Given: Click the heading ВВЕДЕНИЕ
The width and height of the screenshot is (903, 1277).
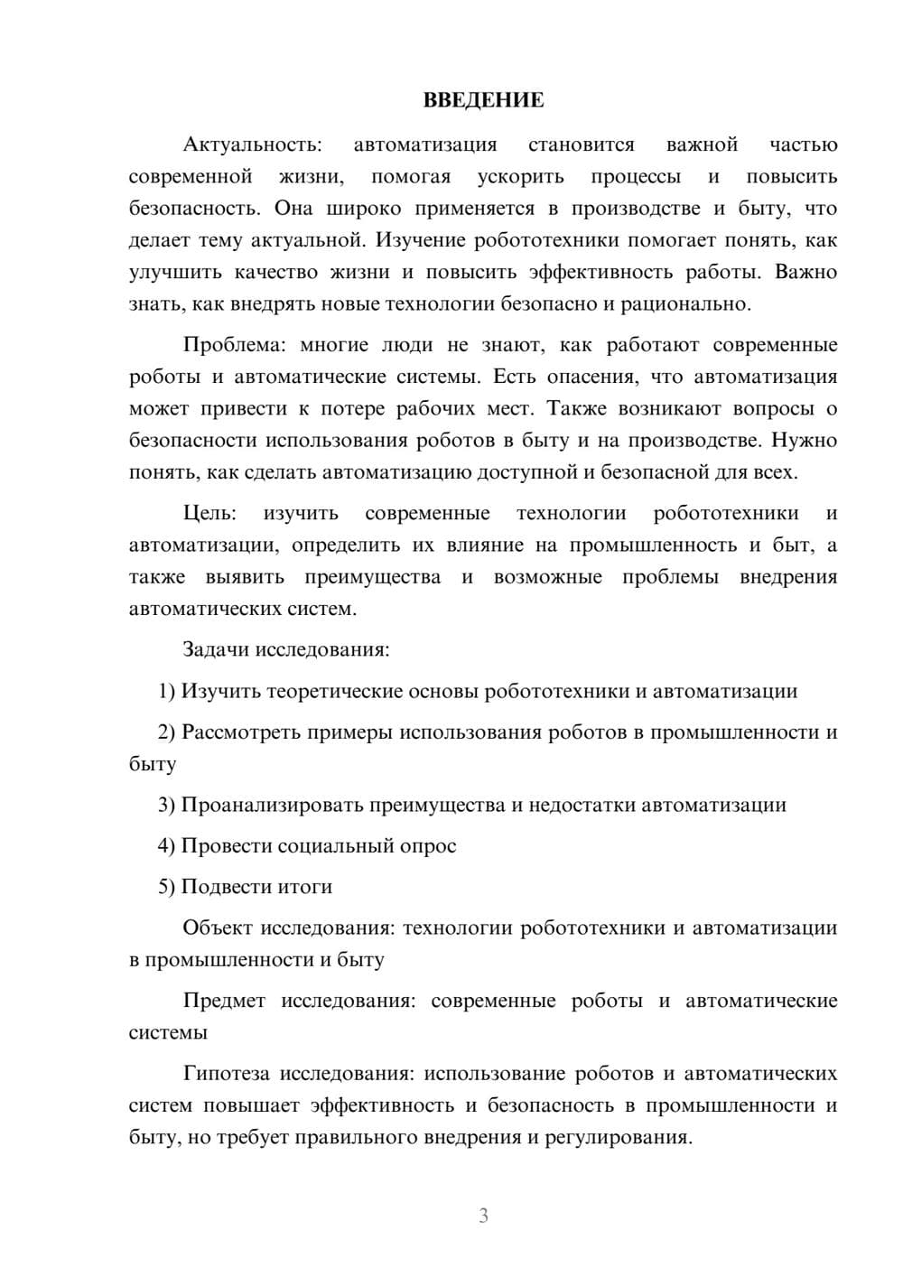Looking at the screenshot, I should point(483,100).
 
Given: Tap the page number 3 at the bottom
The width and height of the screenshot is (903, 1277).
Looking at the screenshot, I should point(483,1216).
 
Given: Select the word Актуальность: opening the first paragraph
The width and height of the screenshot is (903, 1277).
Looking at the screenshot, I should point(252,144).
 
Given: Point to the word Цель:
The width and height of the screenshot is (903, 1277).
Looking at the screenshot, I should point(209,514).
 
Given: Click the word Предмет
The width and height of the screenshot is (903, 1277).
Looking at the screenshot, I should point(224,1001).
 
